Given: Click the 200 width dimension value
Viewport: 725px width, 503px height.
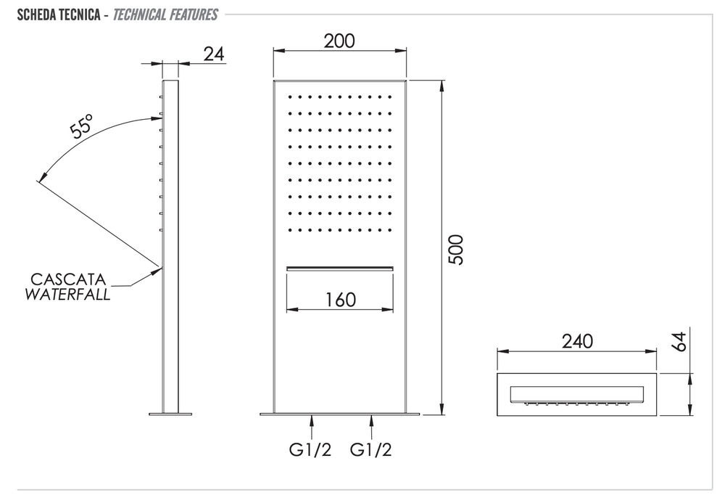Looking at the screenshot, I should pyautogui.click(x=339, y=41).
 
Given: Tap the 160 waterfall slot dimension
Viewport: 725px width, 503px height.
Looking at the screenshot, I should pyautogui.click(x=341, y=299).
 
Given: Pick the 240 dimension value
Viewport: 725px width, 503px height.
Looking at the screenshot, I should pyautogui.click(x=577, y=341).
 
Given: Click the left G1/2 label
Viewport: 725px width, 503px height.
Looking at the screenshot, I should pyautogui.click(x=312, y=451).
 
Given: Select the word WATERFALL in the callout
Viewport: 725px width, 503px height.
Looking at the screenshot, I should pyautogui.click(x=67, y=295).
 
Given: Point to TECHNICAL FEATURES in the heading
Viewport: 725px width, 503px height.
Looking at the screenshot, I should pyautogui.click(x=165, y=15).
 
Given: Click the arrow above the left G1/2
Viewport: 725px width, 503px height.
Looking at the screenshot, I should pyautogui.click(x=312, y=423).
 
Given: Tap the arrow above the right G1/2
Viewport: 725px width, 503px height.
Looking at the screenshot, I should pyautogui.click(x=372, y=423).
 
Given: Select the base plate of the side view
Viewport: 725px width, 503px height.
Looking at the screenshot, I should pyautogui.click(x=170, y=414).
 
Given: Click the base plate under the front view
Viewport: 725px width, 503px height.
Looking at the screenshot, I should pyautogui.click(x=339, y=414).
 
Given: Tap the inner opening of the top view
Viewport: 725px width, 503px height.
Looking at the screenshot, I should pyautogui.click(x=577, y=395).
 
